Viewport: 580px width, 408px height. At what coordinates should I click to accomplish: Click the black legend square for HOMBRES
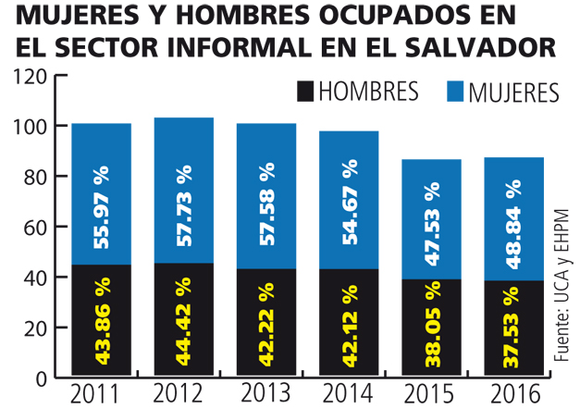pos(304,90)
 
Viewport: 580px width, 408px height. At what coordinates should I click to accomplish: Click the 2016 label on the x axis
pos(512,393)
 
